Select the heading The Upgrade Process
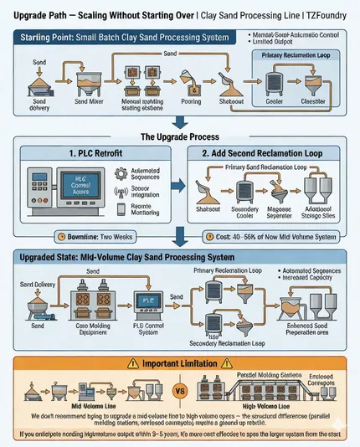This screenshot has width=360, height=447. pyautogui.click(x=179, y=137)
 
